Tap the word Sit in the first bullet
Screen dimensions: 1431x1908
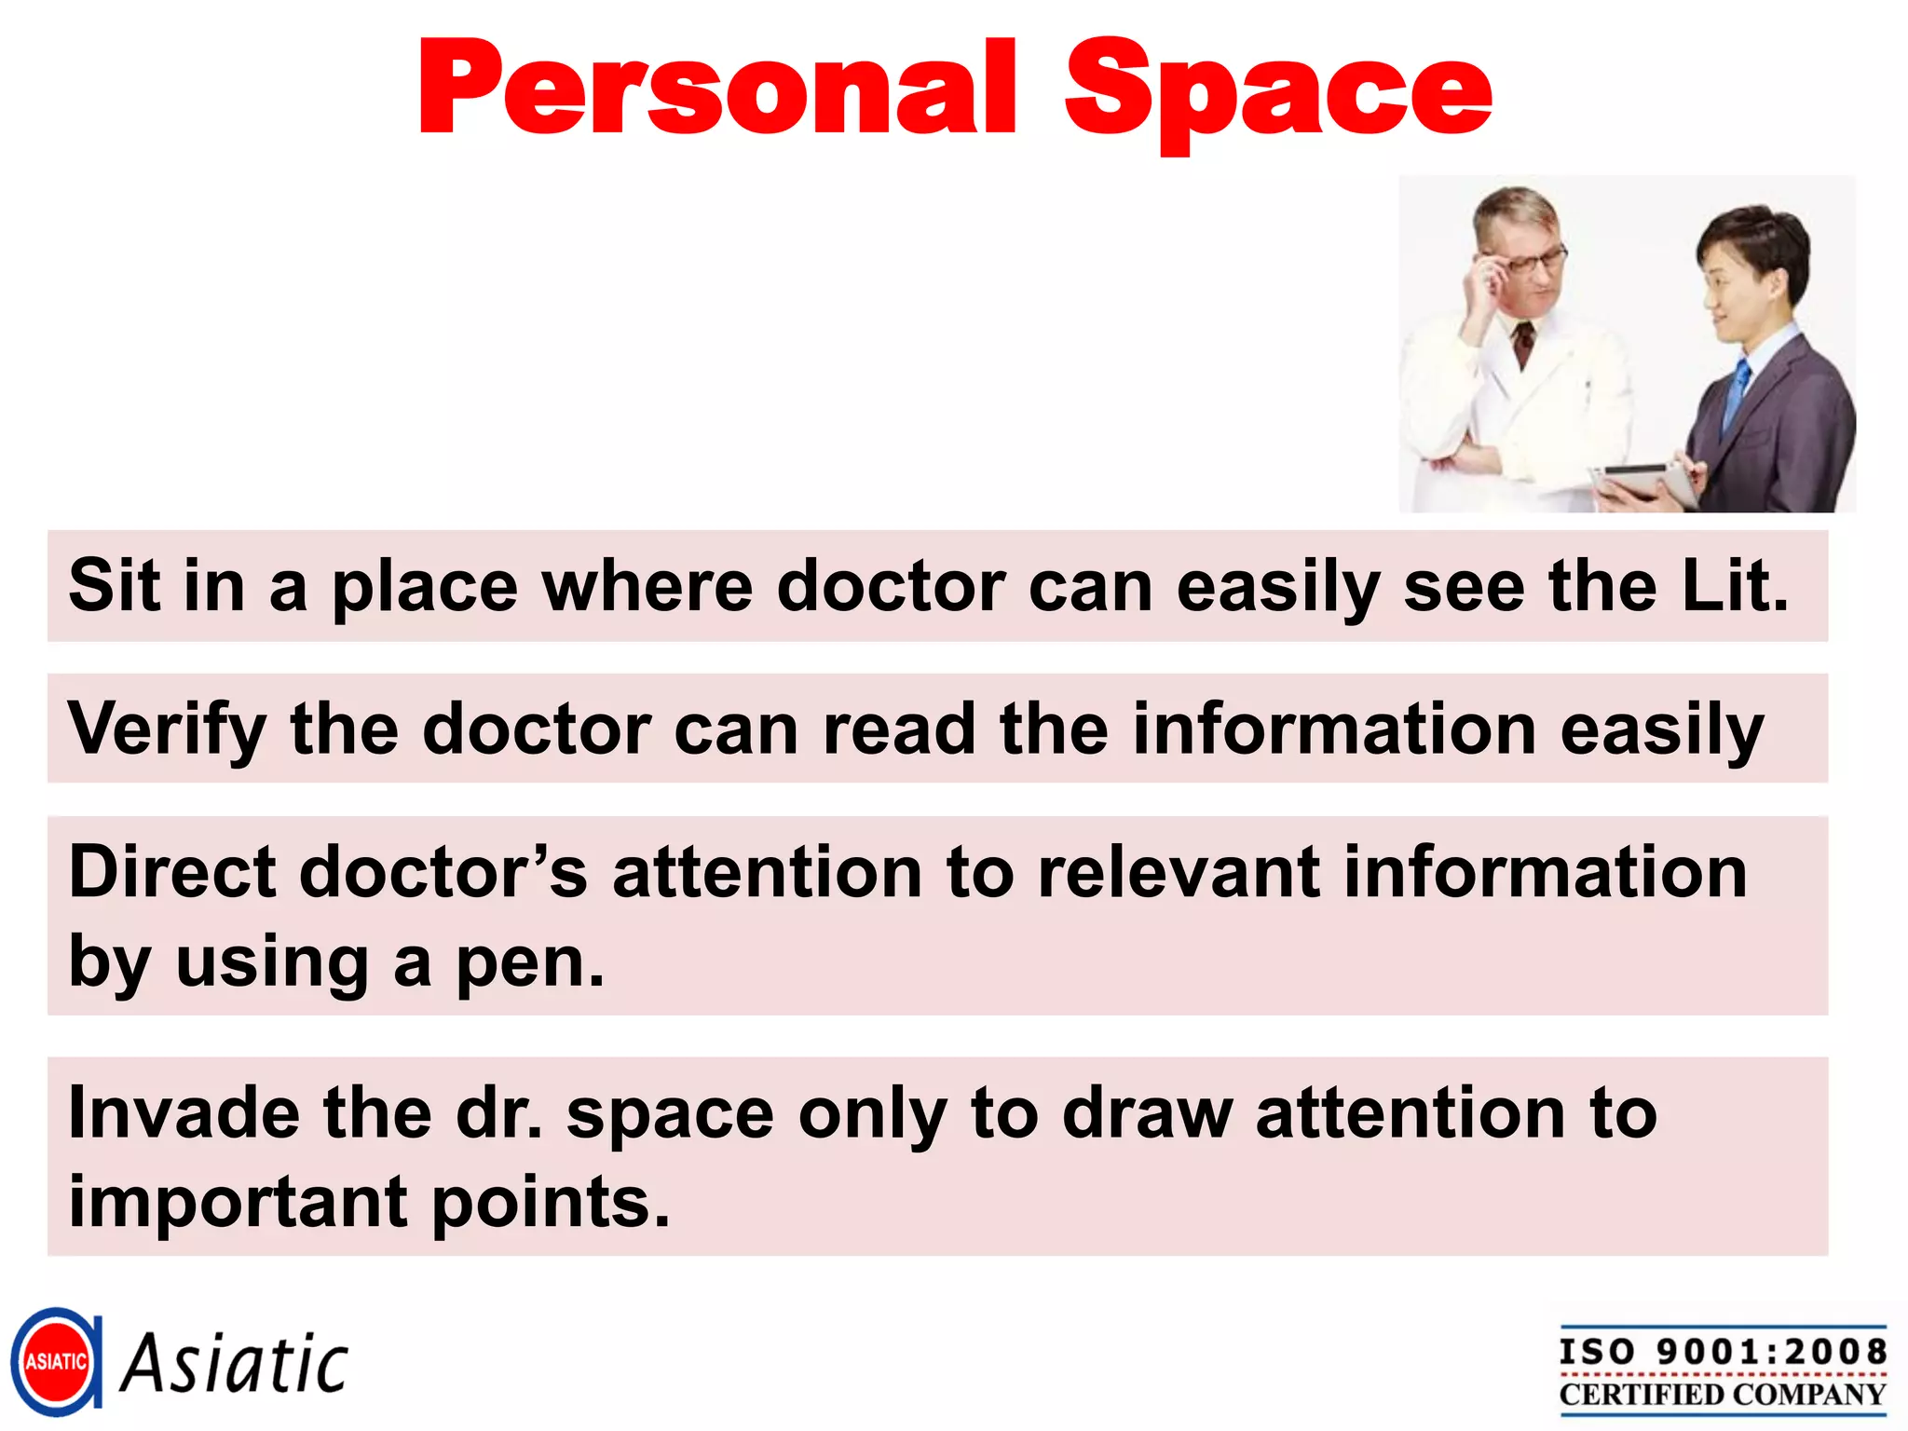point(114,585)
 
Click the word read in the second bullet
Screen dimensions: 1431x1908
point(899,729)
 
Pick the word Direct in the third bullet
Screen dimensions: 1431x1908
point(172,872)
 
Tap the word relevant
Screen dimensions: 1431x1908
point(1179,872)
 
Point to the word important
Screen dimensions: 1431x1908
point(238,1202)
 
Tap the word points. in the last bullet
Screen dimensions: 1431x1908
point(551,1202)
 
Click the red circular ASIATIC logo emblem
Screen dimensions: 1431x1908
point(56,1361)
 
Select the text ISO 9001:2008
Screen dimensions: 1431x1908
point(1723,1351)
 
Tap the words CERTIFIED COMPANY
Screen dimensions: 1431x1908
point(1723,1394)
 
